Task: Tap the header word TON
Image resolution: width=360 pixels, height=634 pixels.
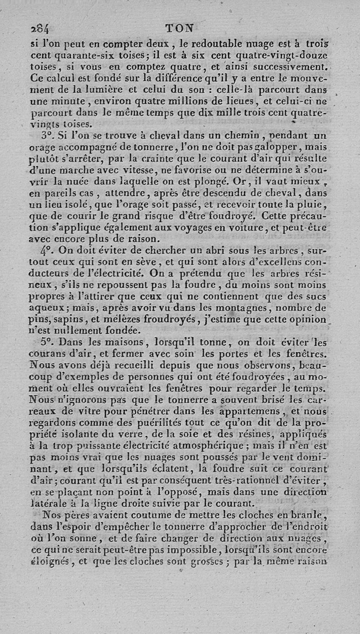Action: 180,28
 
